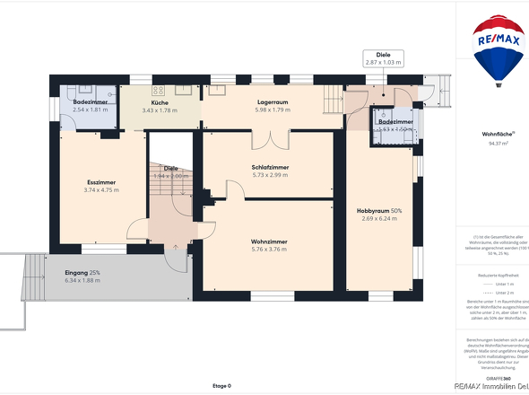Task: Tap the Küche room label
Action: point(160,103)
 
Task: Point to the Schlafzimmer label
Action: point(269,167)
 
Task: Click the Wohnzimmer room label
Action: point(269,241)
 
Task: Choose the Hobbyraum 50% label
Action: point(379,210)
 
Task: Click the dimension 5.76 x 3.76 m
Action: point(269,250)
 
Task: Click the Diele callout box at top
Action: point(383,58)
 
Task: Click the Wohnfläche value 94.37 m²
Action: point(498,142)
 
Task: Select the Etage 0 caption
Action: point(221,386)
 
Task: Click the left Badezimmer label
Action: point(90,103)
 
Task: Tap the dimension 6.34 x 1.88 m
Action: point(82,280)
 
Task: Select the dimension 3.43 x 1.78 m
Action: point(160,110)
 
